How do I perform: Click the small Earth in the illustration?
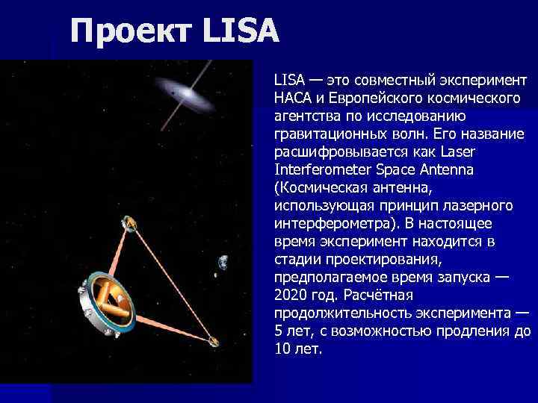[222, 263]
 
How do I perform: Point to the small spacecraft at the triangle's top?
[129, 223]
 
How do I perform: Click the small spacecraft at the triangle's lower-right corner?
[214, 342]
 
